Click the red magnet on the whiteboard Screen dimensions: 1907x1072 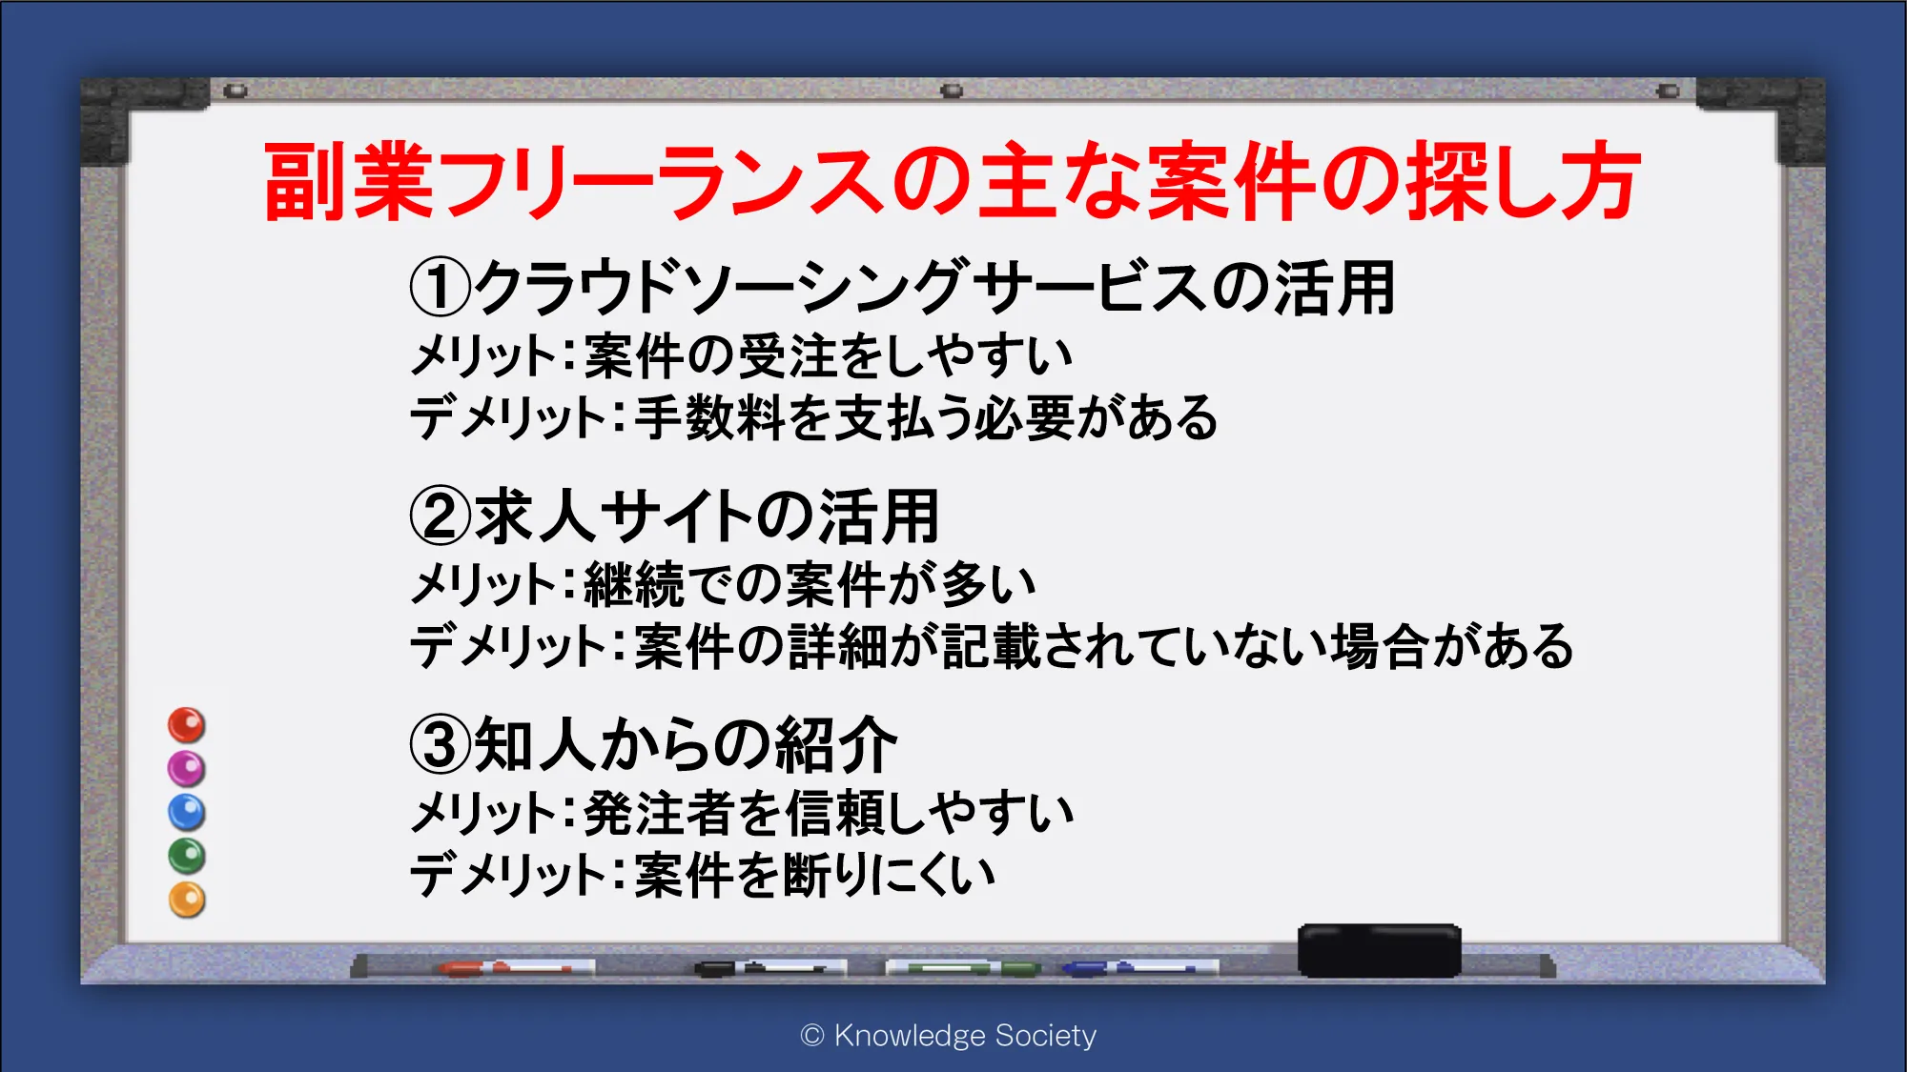click(x=187, y=725)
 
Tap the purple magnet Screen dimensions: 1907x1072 click(x=187, y=768)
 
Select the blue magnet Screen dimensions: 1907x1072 click(x=187, y=812)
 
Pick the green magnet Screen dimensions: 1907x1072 click(x=187, y=856)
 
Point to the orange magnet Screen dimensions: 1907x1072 click(x=187, y=900)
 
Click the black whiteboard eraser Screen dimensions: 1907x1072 click(x=1379, y=950)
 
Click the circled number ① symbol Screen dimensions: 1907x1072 click(x=441, y=289)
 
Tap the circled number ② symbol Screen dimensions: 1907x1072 click(x=441, y=516)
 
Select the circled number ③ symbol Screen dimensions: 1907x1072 click(x=441, y=744)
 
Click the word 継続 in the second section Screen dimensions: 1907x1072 click(x=634, y=583)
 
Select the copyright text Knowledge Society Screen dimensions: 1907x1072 click(x=965, y=1036)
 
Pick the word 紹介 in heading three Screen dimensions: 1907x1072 click(x=836, y=744)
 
